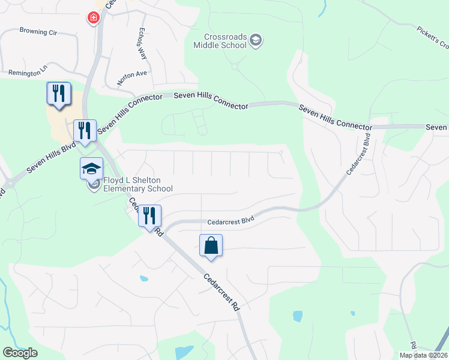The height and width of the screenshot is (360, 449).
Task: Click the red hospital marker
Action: (94, 17)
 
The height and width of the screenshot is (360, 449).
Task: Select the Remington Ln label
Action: (28, 73)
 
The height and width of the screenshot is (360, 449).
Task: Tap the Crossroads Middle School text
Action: (221, 41)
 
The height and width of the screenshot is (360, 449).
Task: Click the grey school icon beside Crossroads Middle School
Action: (256, 40)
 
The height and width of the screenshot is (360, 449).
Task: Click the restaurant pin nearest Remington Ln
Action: (59, 94)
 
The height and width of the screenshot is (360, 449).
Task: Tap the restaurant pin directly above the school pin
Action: (84, 130)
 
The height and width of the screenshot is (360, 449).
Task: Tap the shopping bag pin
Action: (211, 245)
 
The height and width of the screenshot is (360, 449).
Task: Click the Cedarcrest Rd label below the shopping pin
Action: (222, 292)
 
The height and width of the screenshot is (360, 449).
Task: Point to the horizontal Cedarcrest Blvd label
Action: (231, 221)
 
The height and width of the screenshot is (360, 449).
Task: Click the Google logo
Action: (20, 353)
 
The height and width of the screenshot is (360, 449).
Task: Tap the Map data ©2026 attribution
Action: (423, 355)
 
